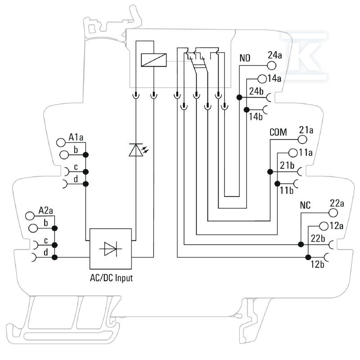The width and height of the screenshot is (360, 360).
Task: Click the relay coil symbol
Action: (x=153, y=60)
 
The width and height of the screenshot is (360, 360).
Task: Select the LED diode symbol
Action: (x=138, y=150)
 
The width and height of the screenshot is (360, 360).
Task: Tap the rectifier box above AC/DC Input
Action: (x=110, y=249)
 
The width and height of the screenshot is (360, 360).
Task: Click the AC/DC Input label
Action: (x=111, y=278)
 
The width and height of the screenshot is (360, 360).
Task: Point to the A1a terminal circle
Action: (x=61, y=143)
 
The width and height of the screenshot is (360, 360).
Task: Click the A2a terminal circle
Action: (x=30, y=216)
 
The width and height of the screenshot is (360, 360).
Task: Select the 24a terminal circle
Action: (x=272, y=66)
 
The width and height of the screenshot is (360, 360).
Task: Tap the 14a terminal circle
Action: (x=262, y=79)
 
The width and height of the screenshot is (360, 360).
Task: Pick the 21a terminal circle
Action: (x=302, y=139)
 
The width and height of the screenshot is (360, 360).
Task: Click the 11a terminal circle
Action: (x=293, y=153)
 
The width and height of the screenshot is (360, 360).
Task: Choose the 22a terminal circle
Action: (x=333, y=212)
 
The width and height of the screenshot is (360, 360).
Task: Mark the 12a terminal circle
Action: (x=324, y=226)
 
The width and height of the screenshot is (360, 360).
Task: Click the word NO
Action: (x=245, y=58)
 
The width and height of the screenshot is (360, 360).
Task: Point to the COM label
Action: (x=278, y=132)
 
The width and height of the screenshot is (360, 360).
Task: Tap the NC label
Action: (x=305, y=205)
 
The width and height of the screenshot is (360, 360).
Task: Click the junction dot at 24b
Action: (x=239, y=97)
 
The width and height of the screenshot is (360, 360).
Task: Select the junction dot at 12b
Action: (x=308, y=257)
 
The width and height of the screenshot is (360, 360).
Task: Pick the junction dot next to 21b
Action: (x=270, y=171)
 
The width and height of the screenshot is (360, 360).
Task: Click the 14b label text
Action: (x=256, y=117)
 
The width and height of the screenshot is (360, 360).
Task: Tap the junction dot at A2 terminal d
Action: (x=54, y=257)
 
